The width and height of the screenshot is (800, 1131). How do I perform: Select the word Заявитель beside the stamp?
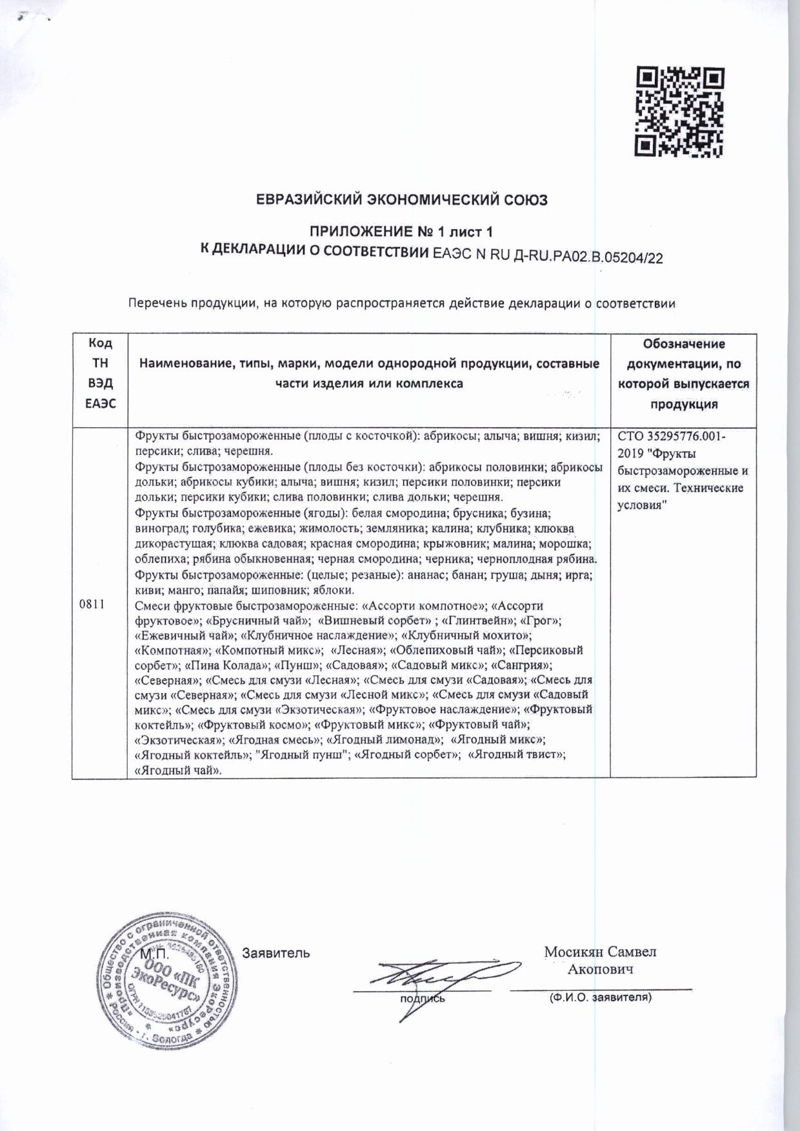[275, 953]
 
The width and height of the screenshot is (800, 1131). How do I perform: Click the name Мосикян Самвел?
[600, 952]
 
